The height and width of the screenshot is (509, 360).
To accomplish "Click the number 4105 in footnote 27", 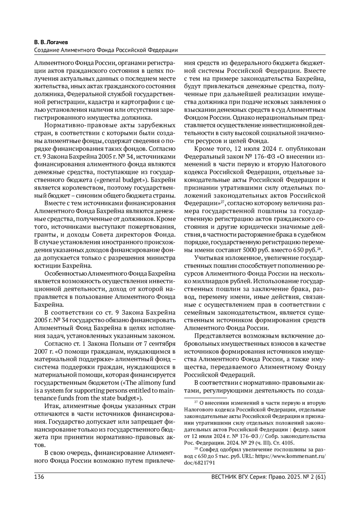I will click(x=289, y=443).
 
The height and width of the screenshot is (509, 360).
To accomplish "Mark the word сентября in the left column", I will click(x=164, y=343).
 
